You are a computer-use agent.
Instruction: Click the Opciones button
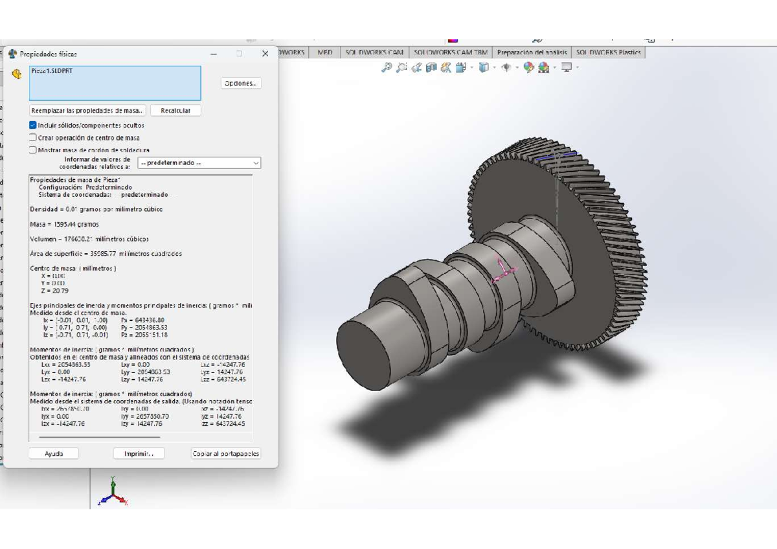(241, 83)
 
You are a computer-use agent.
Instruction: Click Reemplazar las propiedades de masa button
(88, 111)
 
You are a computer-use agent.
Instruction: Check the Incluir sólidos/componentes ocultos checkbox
(33, 125)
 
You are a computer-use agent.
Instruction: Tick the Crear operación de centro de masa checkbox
(33, 137)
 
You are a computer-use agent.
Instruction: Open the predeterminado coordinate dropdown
(199, 163)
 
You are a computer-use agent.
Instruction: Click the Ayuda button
(54, 454)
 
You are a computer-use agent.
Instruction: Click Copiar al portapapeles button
(226, 454)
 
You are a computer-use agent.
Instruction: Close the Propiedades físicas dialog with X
(265, 54)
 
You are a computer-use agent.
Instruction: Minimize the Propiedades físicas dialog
(214, 54)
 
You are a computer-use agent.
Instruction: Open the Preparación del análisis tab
(532, 52)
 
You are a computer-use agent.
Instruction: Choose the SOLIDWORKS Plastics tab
(608, 52)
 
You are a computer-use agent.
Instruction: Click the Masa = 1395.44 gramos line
(65, 224)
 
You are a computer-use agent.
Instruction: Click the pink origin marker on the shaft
(501, 271)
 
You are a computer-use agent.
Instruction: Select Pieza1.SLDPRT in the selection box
(52, 71)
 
